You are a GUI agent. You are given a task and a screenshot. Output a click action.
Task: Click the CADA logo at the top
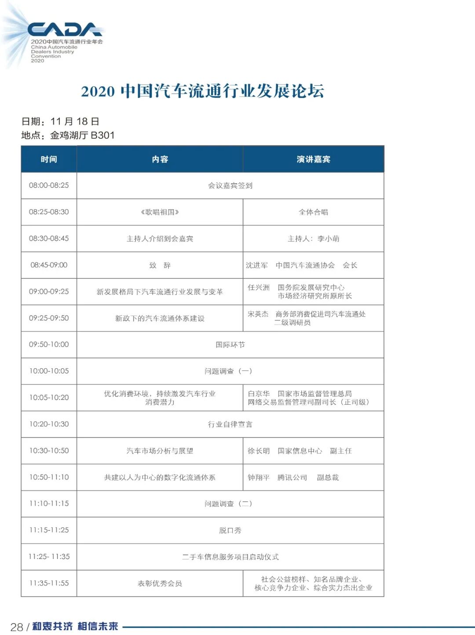tap(65, 30)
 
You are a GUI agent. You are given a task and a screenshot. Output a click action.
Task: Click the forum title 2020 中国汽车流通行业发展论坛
tap(202, 91)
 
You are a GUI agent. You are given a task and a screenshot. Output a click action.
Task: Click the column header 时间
tap(49, 159)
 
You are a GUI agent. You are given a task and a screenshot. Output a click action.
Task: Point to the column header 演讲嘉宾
tap(313, 159)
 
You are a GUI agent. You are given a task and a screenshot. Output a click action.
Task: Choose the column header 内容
tap(160, 159)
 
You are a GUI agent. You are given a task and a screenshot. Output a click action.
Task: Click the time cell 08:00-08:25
tap(49, 185)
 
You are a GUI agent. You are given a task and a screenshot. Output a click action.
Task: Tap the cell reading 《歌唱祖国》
tap(160, 212)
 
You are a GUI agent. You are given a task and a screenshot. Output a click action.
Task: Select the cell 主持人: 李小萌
tap(313, 239)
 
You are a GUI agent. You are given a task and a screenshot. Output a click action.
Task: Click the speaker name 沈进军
tap(257, 265)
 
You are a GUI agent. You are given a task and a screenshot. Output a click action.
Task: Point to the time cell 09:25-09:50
tap(49, 318)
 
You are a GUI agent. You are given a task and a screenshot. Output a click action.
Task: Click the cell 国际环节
tap(230, 345)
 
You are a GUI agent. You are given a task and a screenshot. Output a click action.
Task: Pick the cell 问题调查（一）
tap(228, 371)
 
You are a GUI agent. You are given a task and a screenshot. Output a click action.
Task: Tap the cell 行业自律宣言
tap(230, 425)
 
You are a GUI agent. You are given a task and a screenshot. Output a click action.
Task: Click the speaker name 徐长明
tap(259, 451)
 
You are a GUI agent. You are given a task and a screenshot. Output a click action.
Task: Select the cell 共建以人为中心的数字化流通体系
tap(160, 478)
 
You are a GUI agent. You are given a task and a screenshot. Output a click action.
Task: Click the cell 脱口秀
tap(230, 530)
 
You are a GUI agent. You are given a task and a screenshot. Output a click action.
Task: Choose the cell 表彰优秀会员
tap(160, 584)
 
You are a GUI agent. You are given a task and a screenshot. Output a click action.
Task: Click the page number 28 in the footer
tap(17, 627)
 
